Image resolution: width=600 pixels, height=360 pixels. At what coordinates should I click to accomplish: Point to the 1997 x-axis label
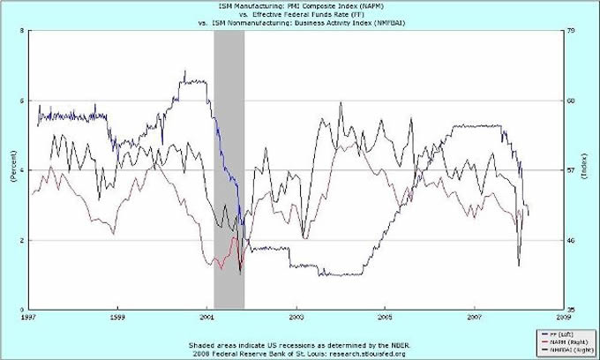coord(28,315)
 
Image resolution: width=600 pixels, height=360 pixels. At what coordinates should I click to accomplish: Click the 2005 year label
coord(386,315)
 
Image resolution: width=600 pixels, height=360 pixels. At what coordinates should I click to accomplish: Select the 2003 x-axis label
coord(296,315)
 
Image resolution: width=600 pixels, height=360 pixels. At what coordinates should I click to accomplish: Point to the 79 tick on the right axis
coord(570,31)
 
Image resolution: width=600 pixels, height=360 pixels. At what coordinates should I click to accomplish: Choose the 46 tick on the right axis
coord(570,240)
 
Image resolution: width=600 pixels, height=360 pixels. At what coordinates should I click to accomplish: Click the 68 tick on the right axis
coord(570,101)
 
